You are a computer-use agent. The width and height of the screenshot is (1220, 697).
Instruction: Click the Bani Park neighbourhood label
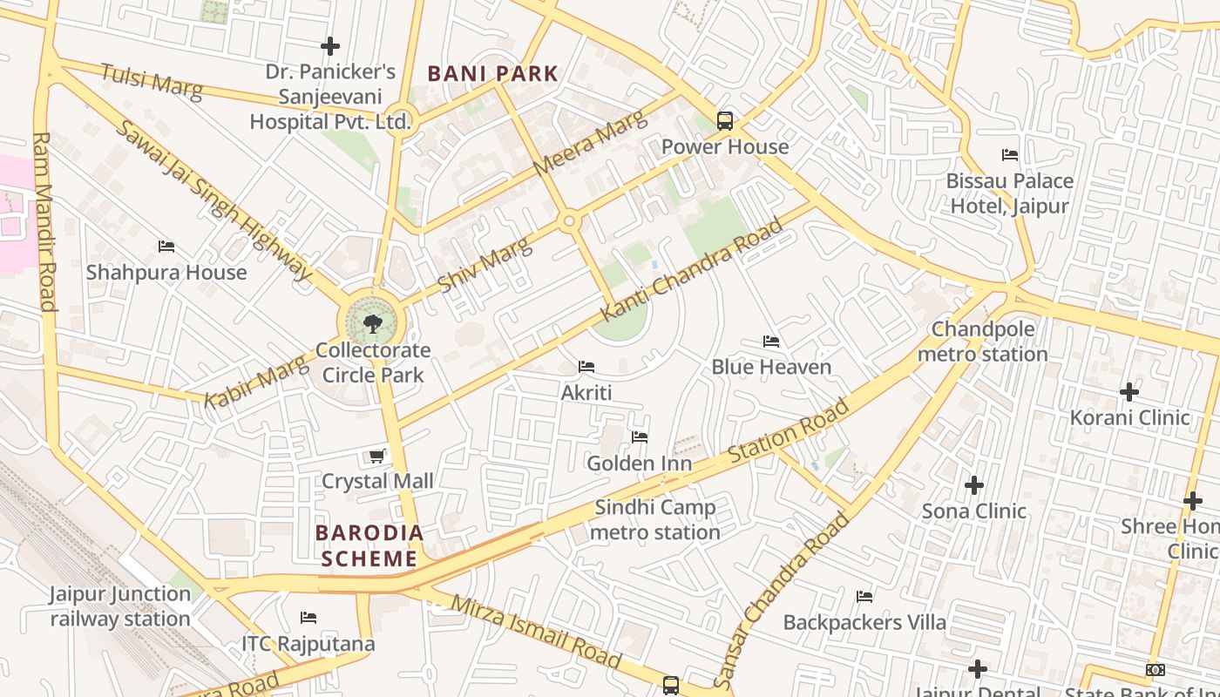(492, 74)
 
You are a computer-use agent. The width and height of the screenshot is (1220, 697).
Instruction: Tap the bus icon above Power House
(725, 121)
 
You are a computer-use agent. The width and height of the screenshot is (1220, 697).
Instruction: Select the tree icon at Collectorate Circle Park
(373, 324)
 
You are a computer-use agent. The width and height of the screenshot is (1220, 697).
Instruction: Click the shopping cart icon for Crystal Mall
(377, 456)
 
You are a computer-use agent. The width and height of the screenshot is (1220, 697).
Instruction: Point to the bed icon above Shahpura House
(166, 247)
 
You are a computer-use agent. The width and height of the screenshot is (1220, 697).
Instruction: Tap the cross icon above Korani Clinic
(1129, 392)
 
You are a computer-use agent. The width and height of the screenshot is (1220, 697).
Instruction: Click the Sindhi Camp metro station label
(655, 519)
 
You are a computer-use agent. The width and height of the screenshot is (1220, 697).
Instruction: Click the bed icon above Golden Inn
(640, 437)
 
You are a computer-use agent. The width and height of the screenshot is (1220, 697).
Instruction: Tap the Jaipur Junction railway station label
(119, 606)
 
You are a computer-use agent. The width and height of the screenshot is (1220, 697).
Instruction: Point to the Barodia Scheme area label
(369, 545)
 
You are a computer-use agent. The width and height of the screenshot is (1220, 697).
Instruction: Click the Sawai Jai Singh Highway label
(213, 201)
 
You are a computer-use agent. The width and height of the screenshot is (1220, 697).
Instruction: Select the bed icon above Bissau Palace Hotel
(1010, 155)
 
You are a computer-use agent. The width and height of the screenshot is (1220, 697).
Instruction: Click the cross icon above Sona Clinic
(974, 485)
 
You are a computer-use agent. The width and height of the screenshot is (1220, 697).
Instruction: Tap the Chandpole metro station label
(983, 342)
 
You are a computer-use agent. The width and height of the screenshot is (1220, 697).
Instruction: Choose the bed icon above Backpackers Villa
(864, 597)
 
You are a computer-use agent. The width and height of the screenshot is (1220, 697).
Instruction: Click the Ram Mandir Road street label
(44, 221)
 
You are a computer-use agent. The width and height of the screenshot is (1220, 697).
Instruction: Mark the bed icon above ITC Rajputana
(308, 618)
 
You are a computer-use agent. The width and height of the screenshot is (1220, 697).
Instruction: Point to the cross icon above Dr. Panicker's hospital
(330, 46)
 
